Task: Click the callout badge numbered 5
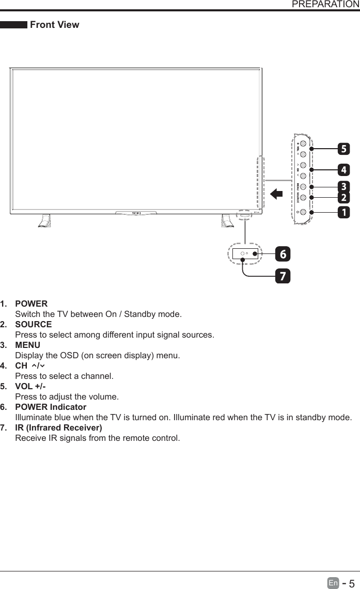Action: click(x=343, y=150)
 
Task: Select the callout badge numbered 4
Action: click(x=343, y=169)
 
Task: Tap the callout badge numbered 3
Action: click(x=343, y=186)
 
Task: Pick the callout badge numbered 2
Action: click(x=343, y=198)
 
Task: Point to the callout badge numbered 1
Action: click(x=343, y=212)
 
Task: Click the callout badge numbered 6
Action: click(x=283, y=254)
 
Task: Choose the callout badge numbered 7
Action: click(x=283, y=276)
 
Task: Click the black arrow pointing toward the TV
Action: click(x=276, y=194)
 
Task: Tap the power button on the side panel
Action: click(x=303, y=212)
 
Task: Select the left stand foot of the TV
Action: click(x=44, y=220)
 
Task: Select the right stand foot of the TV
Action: click(x=226, y=220)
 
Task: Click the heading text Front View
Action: click(x=55, y=25)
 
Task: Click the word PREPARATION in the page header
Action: click(x=325, y=5)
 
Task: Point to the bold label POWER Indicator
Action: click(x=51, y=407)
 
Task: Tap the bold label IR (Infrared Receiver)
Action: click(x=58, y=428)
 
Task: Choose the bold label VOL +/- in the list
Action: click(x=30, y=387)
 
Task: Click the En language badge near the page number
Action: click(x=334, y=583)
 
